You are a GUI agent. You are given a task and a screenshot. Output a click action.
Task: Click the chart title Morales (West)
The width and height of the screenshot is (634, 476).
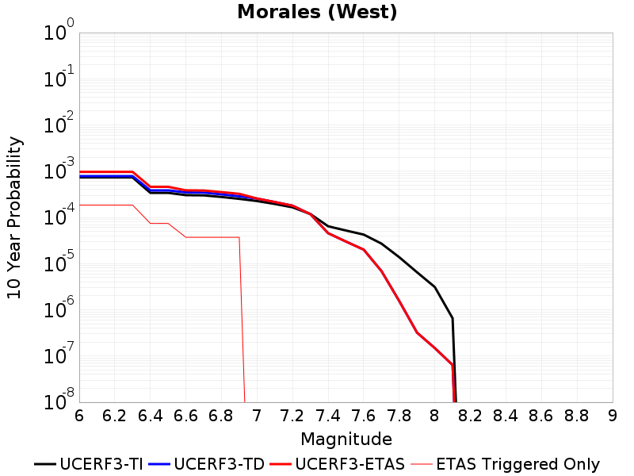click(317, 11)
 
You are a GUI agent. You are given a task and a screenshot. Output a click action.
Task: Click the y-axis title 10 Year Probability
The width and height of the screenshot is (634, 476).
click(14, 217)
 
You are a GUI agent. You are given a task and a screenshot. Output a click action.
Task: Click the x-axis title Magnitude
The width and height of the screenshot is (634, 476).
click(346, 440)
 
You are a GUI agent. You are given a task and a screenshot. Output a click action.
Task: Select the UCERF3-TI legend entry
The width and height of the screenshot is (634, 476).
click(89, 464)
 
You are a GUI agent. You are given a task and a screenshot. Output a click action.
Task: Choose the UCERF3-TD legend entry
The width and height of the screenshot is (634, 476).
click(207, 464)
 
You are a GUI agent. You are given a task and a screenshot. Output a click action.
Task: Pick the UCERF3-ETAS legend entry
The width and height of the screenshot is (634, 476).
click(338, 464)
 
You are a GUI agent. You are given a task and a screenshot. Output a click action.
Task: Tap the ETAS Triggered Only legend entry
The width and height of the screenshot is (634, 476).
click(505, 464)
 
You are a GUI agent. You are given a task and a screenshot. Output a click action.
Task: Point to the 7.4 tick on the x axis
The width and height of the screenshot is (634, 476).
click(327, 416)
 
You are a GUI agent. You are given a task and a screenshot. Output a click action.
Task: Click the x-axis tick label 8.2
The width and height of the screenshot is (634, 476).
click(470, 416)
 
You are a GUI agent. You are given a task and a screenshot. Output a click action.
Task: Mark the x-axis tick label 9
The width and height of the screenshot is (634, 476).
click(613, 416)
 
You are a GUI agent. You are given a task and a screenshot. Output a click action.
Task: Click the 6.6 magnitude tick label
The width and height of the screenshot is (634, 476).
click(185, 416)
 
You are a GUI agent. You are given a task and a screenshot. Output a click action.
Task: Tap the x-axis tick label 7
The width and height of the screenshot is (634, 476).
click(257, 416)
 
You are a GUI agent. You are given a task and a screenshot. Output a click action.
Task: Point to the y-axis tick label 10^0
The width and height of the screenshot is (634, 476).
click(59, 29)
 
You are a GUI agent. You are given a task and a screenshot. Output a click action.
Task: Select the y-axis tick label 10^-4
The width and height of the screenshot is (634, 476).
click(59, 214)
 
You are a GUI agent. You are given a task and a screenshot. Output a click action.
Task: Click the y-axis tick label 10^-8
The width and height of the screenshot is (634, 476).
click(59, 400)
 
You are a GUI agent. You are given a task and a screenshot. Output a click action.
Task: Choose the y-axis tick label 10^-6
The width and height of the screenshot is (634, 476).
click(59, 307)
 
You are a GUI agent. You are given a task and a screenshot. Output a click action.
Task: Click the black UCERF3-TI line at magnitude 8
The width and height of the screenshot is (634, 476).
click(434, 287)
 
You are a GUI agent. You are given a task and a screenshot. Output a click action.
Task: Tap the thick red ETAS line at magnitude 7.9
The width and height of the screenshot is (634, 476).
click(417, 332)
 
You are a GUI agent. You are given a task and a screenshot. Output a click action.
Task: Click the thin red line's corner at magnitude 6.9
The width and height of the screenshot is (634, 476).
click(239, 237)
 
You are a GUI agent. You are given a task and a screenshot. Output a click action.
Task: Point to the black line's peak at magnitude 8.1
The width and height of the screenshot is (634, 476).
click(453, 319)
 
